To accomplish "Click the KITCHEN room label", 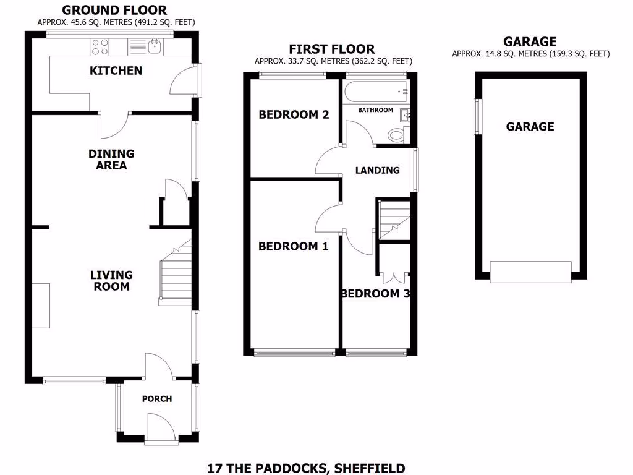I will tap(116, 71).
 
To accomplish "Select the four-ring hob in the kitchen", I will tap(100, 46).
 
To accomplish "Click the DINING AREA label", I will tap(111, 160).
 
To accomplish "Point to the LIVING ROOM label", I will tap(111, 281).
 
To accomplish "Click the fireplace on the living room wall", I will tap(41, 306).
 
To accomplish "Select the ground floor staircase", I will tap(175, 275).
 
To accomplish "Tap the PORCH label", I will tap(157, 399).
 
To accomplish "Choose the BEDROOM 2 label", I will tap(294, 114).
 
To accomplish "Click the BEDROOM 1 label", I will tap(293, 246).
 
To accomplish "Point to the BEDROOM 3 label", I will tap(375, 294).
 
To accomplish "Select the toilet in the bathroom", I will tap(396, 134).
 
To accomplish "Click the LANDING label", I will tap(377, 170).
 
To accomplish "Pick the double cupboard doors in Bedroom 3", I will tap(394, 277).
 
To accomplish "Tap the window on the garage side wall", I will tap(477, 116).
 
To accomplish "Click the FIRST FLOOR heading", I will tap(333, 49).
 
